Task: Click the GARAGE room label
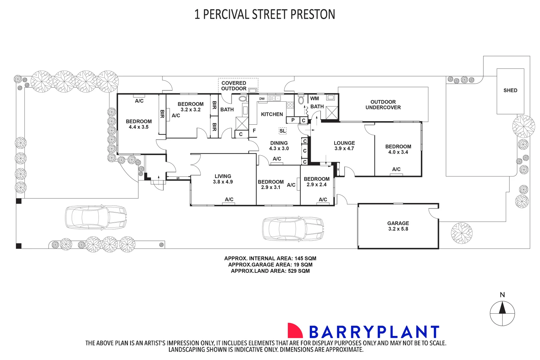pyautogui.click(x=398, y=224)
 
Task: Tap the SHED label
pyautogui.click(x=510, y=90)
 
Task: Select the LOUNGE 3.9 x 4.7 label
pyautogui.click(x=344, y=146)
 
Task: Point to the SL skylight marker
pyautogui.click(x=283, y=131)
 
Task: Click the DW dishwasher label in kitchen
pyautogui.click(x=262, y=99)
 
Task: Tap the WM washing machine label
pyautogui.click(x=315, y=98)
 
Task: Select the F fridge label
pyautogui.click(x=254, y=131)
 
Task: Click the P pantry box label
pyautogui.click(x=293, y=120)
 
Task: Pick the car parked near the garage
pyautogui.click(x=293, y=229)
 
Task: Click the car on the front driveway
pyautogui.click(x=96, y=217)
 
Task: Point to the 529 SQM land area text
pyautogui.click(x=299, y=271)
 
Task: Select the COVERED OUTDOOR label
pyautogui.click(x=234, y=86)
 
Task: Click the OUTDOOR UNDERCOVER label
pyautogui.click(x=383, y=105)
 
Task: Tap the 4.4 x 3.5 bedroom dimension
pyautogui.click(x=138, y=127)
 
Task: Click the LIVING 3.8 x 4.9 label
pyautogui.click(x=223, y=179)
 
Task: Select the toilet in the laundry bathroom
pyautogui.click(x=301, y=100)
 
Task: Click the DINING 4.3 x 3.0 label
pyautogui.click(x=279, y=146)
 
